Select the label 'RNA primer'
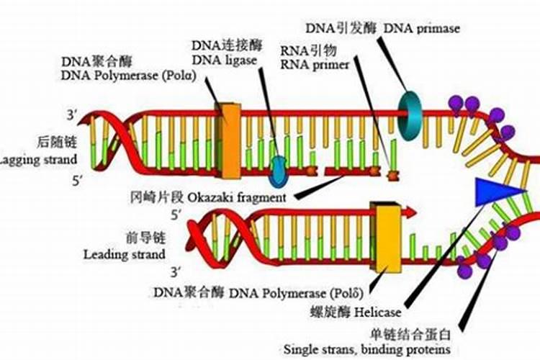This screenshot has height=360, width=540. click(x=315, y=64)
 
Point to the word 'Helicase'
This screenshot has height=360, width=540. click(x=381, y=313)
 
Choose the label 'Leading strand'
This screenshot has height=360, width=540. click(x=125, y=254)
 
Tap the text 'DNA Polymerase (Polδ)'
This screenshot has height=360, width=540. click(x=295, y=293)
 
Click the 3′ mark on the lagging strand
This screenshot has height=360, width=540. click(x=71, y=114)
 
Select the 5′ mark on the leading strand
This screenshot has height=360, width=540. click(x=176, y=214)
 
